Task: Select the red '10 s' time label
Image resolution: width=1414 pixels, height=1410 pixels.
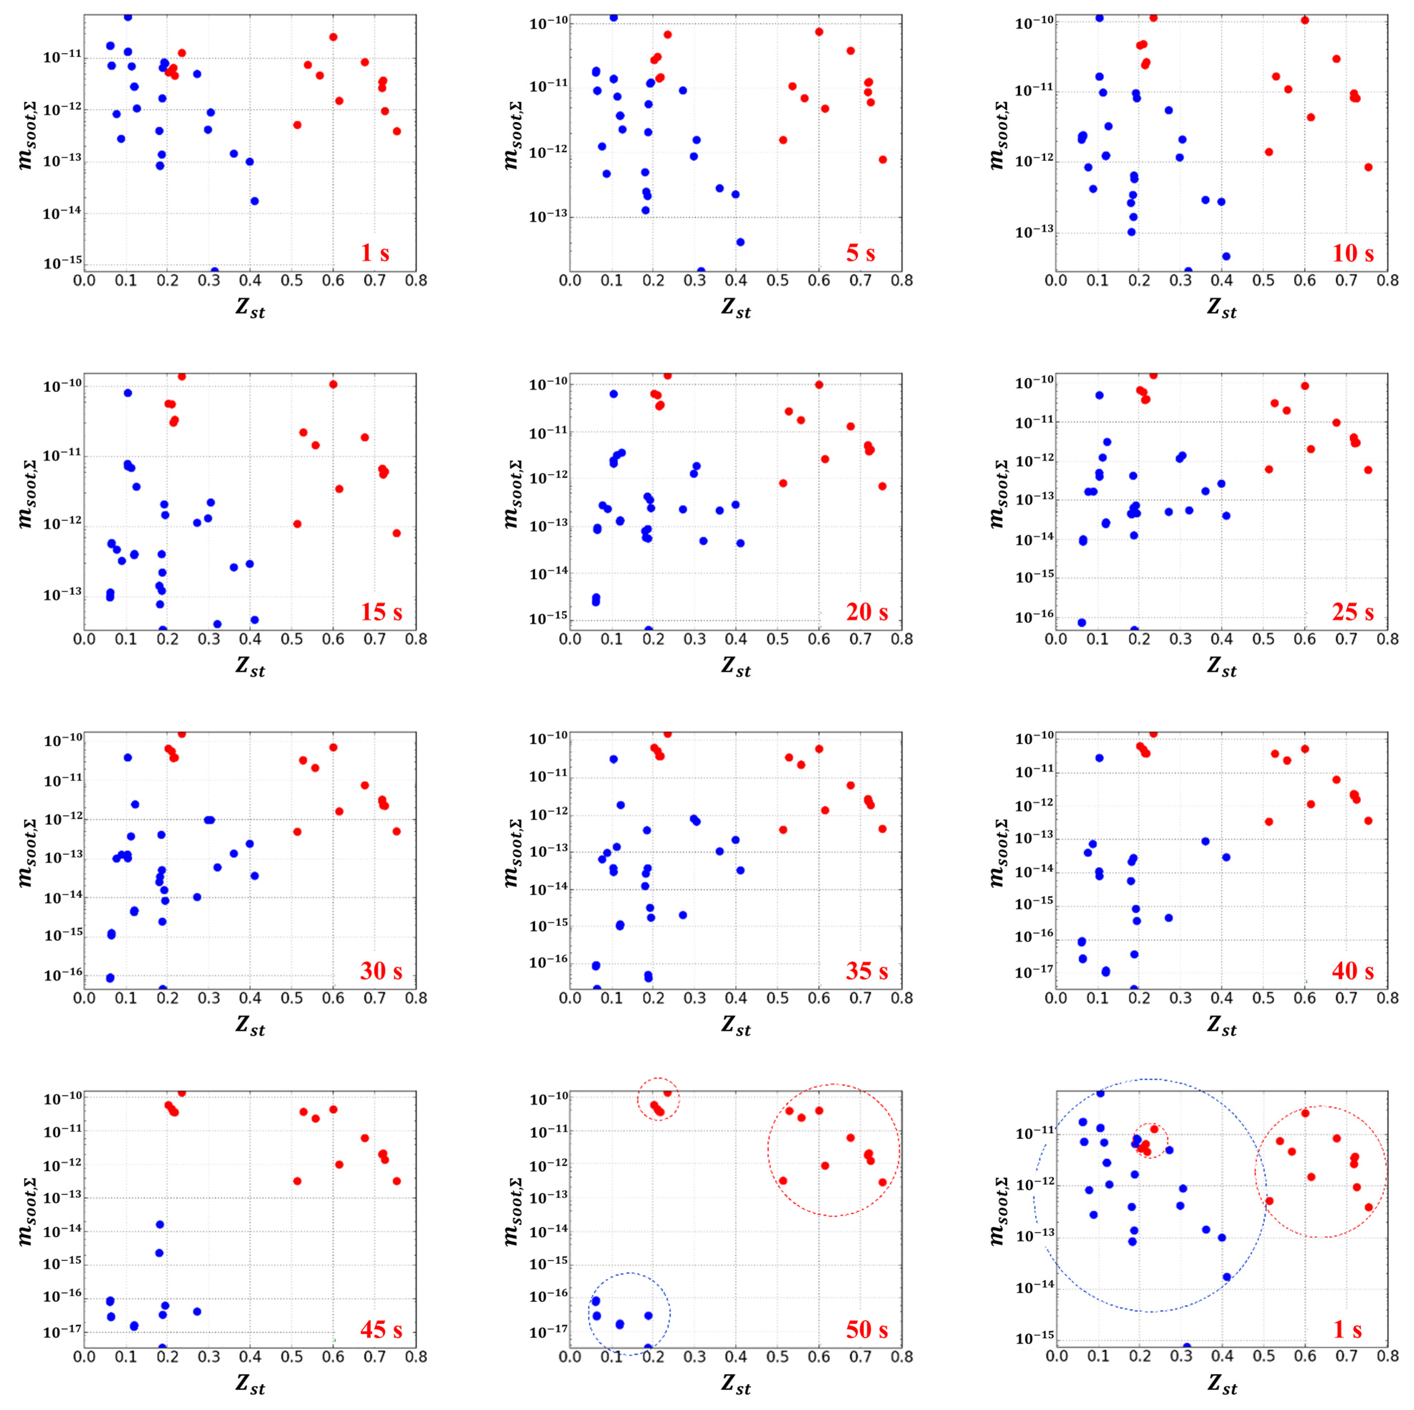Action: pyautogui.click(x=1353, y=253)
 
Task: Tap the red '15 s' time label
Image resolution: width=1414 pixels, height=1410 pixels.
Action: pyautogui.click(x=381, y=612)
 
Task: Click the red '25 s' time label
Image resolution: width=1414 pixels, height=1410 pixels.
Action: pyautogui.click(x=1353, y=612)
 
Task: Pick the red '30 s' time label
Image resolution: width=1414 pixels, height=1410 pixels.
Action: pyautogui.click(x=381, y=971)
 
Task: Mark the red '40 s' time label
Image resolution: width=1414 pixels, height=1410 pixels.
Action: pyautogui.click(x=1353, y=971)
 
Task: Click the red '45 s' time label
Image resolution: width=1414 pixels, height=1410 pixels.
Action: pyautogui.click(x=381, y=1330)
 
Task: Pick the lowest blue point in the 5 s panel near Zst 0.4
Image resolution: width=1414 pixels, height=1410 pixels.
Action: pyautogui.click(x=740, y=242)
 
